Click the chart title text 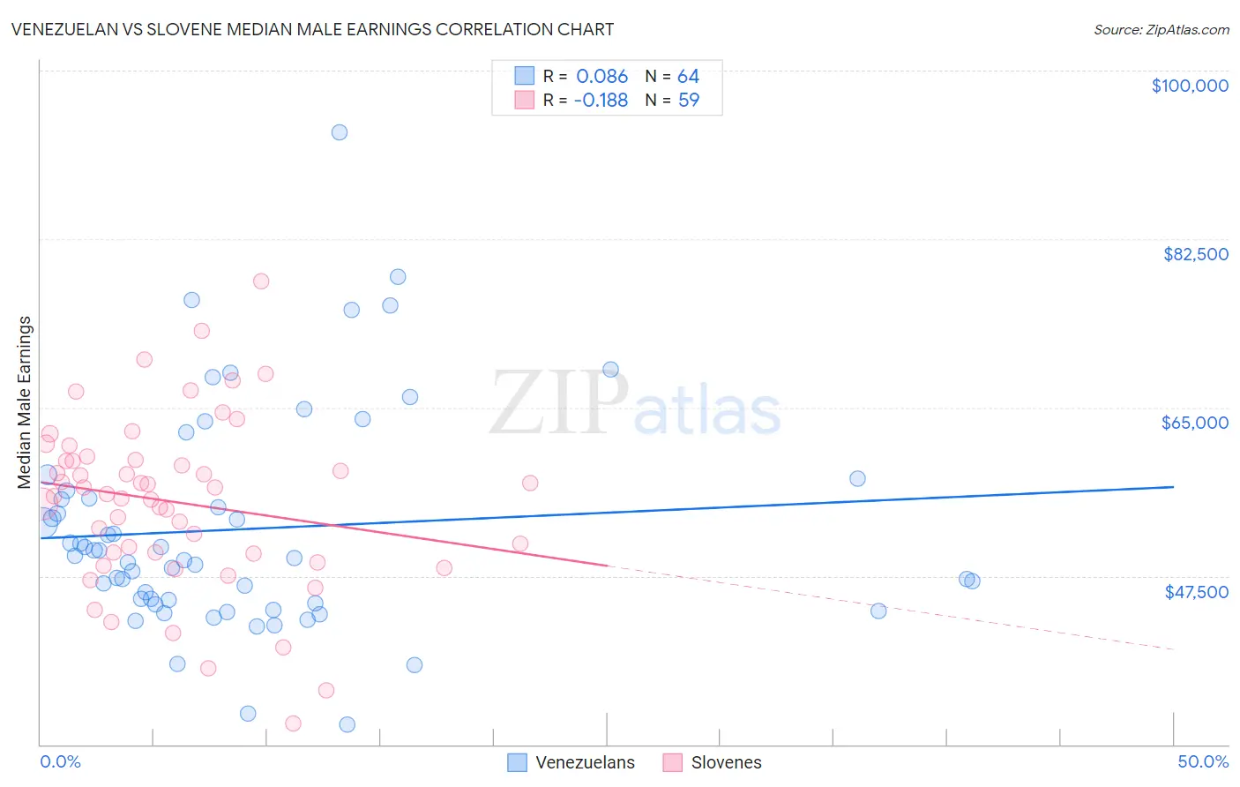312,29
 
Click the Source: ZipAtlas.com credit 1161,29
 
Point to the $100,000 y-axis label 1190,86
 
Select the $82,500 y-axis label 1195,254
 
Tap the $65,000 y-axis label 1194,423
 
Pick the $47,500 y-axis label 1196,592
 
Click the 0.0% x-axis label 60,761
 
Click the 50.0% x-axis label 1203,761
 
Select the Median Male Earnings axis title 25,402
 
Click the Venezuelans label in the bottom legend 585,762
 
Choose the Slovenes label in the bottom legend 726,762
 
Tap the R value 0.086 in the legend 601,77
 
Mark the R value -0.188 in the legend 600,101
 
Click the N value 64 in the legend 688,77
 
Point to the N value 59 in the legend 688,101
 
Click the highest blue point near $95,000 340,132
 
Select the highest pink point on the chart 261,281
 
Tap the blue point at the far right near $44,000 878,611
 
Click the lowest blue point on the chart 347,724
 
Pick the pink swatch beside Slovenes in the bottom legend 673,762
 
